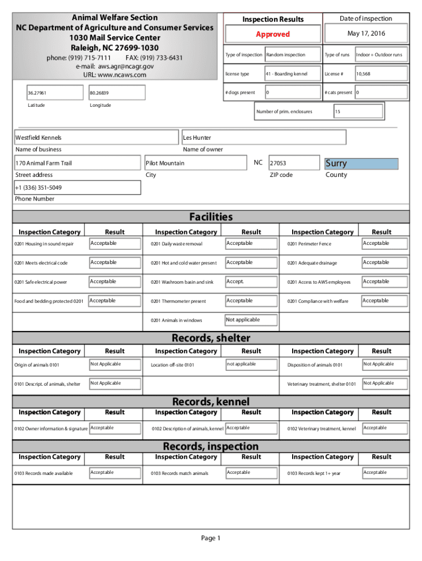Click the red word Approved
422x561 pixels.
272,34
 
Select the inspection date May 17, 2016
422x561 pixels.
366,34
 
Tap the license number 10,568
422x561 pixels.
363,74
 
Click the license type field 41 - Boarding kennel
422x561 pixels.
286,74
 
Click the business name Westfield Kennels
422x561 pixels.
38,138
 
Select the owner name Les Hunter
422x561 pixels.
197,138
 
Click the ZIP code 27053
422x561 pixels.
278,163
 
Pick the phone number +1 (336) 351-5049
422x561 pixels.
38,188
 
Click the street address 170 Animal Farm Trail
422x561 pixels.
44,163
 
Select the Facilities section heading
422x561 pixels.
210,217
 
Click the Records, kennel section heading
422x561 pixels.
210,402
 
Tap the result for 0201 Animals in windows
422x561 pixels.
243,320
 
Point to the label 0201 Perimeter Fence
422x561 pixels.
309,244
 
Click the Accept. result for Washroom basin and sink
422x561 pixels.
235,282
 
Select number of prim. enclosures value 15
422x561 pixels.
338,112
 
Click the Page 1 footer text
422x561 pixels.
210,539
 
